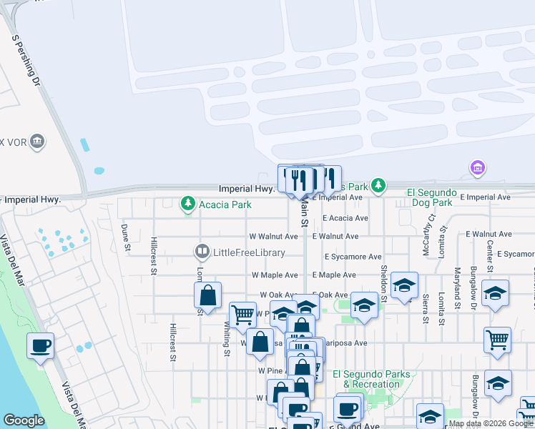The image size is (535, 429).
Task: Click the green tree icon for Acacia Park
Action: pos(188,204)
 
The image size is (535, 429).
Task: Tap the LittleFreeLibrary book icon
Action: pos(202,252)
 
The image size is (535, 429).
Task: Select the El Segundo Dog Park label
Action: pos(430,197)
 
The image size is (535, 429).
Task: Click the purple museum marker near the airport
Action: pos(477,168)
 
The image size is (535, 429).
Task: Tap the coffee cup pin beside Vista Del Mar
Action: pos(41,346)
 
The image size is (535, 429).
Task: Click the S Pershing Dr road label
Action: pos(25,59)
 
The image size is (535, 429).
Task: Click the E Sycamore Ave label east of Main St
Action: pos(353,257)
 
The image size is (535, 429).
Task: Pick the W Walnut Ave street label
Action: pos(273,236)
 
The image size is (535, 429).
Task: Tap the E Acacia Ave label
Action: pos(345,218)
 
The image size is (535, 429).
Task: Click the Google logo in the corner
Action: pos(24,420)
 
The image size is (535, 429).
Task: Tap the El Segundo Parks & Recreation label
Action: pos(371,379)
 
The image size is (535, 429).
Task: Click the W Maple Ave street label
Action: pos(275,275)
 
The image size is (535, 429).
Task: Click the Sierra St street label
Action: pos(425,308)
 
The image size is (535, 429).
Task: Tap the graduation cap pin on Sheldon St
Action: pos(404,285)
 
